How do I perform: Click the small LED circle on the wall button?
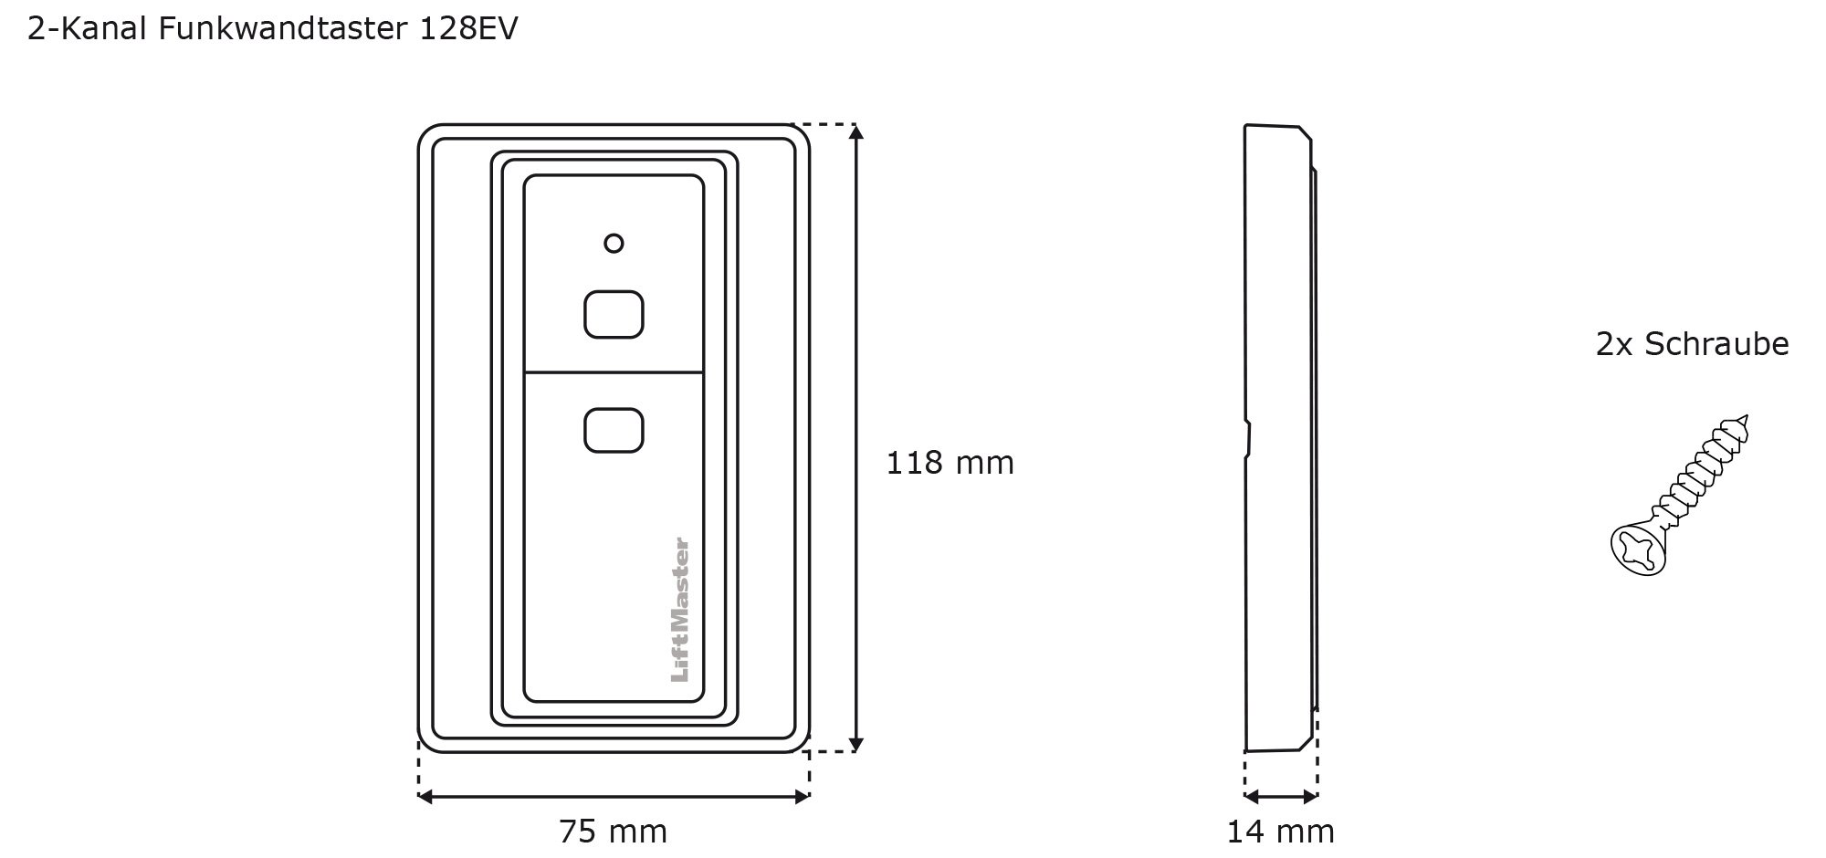614,243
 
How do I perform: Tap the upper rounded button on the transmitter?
614,314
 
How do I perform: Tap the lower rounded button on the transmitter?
614,431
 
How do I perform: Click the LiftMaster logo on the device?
680,610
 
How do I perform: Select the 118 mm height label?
950,463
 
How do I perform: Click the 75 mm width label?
614,832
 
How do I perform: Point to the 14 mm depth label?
1280,832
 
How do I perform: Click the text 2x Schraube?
1692,344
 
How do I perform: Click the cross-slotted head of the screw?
1638,550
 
